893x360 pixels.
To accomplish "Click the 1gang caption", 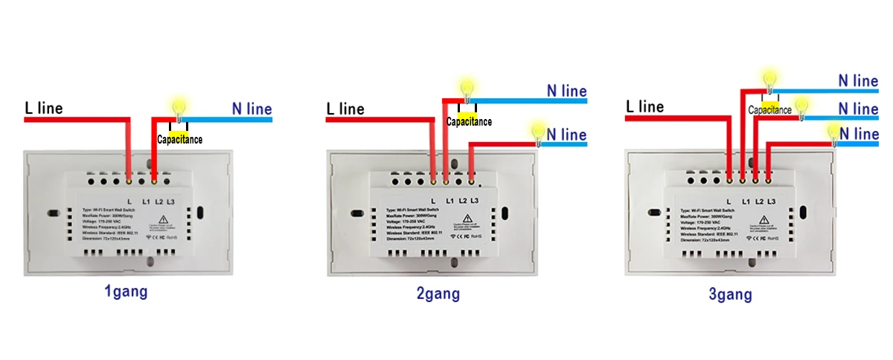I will pos(126,291).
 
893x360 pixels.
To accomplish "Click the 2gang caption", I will pos(438,293).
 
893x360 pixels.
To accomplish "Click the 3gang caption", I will pos(730,295).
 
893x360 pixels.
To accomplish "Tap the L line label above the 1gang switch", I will pos(44,109).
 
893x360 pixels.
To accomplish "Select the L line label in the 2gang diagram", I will pos(345,109).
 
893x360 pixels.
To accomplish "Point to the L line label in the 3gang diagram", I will pos(644,107).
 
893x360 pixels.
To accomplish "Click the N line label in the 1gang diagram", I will pos(252,109).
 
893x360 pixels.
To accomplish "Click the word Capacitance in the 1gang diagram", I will pos(179,139).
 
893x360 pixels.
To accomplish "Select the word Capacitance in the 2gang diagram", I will pos(469,122).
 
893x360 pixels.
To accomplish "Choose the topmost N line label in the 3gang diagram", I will pos(858,80).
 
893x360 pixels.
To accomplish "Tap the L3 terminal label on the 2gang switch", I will pos(475,202).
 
